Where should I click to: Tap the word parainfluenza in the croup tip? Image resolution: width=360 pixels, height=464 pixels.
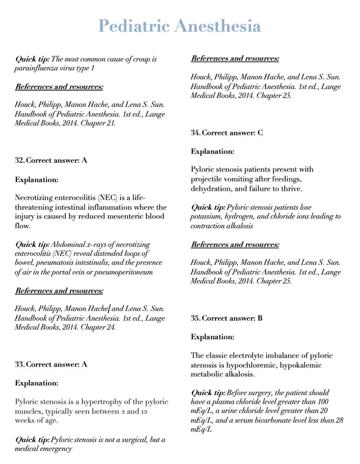37,68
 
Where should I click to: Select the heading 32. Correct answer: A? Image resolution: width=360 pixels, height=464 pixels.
51,160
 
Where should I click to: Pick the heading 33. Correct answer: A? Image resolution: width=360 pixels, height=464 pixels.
51,364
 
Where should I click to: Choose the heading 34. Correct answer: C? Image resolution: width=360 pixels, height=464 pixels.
227,133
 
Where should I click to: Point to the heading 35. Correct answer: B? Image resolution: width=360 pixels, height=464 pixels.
227,318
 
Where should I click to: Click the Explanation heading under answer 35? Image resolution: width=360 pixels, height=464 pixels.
212,337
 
